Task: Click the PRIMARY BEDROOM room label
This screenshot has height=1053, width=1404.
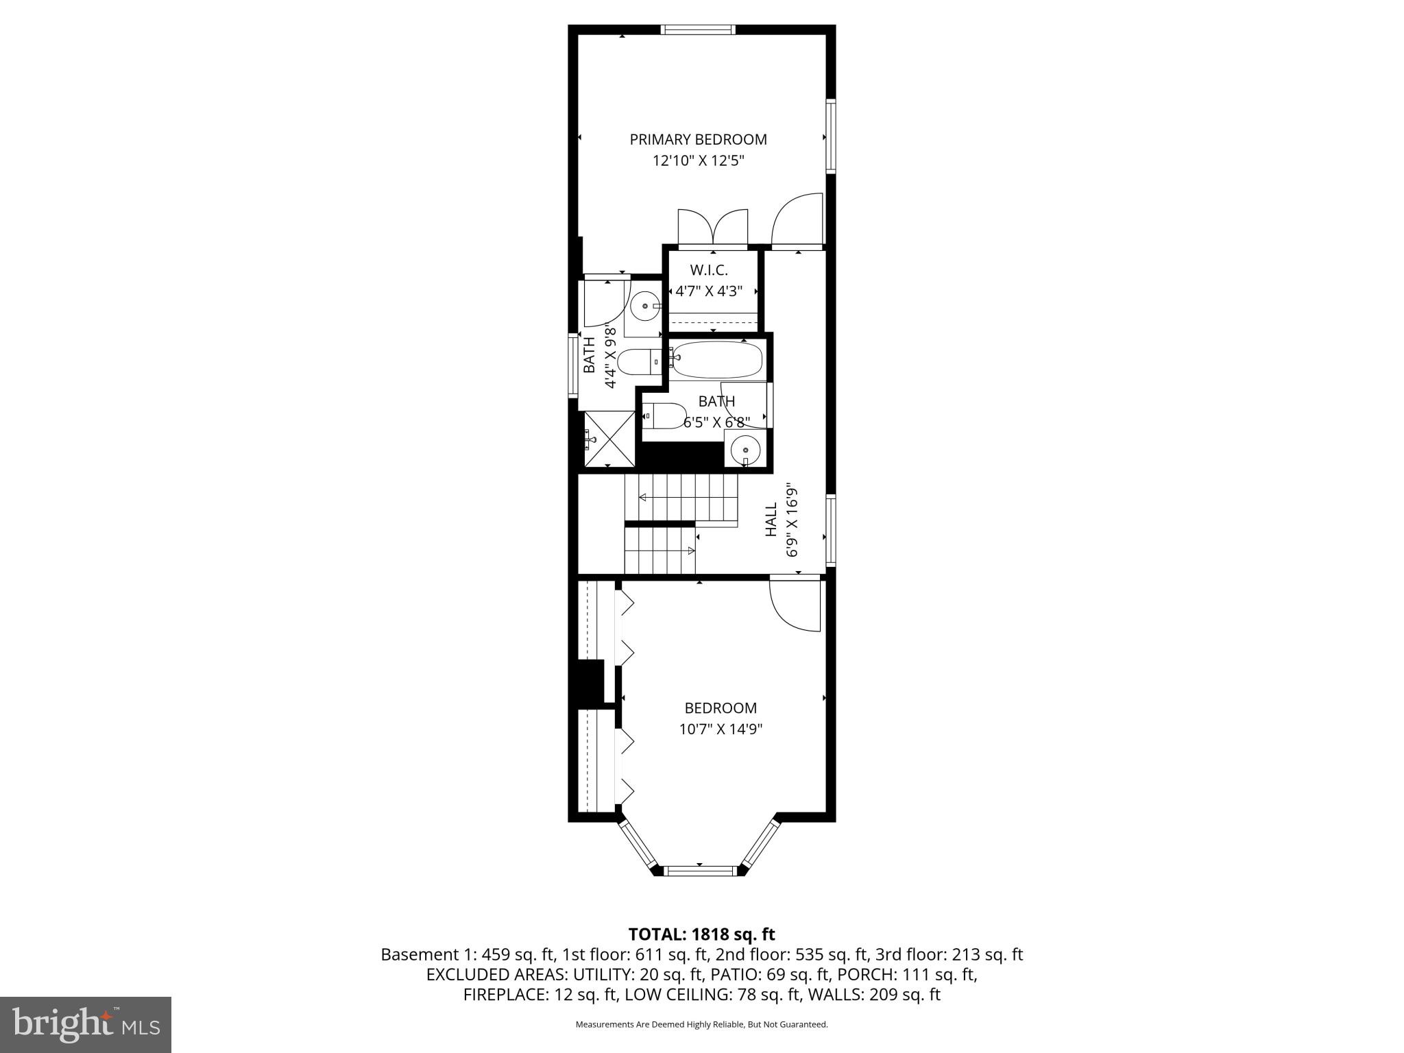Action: tap(698, 140)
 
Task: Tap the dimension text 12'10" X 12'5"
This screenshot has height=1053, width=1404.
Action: tap(698, 161)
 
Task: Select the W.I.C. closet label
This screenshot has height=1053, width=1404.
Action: tap(709, 270)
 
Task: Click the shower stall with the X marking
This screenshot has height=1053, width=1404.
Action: tap(607, 439)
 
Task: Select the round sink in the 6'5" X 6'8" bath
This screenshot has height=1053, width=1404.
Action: tap(745, 450)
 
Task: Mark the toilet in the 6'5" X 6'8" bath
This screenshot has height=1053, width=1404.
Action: tap(664, 415)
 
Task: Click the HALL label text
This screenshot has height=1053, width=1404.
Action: tap(771, 519)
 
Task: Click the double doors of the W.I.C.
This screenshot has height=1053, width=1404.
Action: tap(713, 230)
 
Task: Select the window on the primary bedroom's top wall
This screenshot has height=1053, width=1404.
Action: tap(698, 29)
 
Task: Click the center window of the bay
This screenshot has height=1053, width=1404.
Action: tap(700, 871)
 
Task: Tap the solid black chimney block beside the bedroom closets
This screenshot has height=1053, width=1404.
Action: tap(590, 683)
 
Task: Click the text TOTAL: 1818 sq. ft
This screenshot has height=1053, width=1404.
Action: tap(701, 934)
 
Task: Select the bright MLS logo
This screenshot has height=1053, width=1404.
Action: tap(86, 1024)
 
